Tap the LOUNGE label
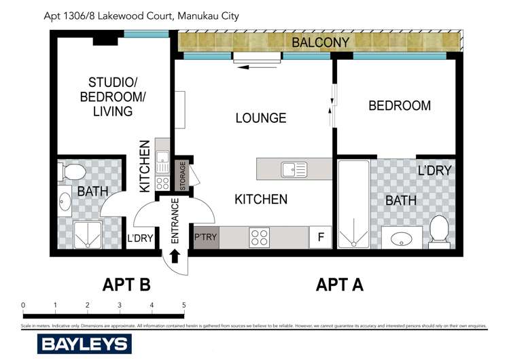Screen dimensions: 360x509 pos(260,118)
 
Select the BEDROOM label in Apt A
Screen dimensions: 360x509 pos(399,106)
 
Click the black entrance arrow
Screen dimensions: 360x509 pos(174,256)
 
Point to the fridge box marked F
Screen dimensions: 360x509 pos(319,238)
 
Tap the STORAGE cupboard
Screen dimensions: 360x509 pos(183,175)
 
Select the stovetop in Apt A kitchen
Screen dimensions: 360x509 pos(259,238)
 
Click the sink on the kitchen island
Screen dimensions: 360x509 pos(294,168)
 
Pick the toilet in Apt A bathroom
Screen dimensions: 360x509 pos(438,231)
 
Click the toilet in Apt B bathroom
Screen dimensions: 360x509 pos(73,173)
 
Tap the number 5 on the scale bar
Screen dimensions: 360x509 pos(184,305)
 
